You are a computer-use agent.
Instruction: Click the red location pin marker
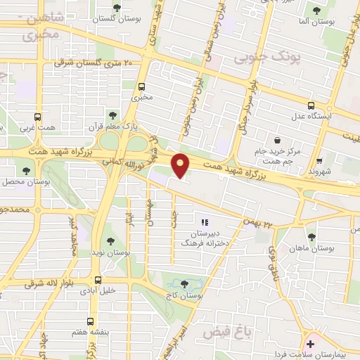click(181, 166)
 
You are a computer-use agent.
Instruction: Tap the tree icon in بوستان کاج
click(184, 284)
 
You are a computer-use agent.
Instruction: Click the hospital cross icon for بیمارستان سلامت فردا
click(311, 342)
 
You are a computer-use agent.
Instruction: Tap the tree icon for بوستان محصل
click(27, 171)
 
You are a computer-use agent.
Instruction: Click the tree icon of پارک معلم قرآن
click(112, 115)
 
